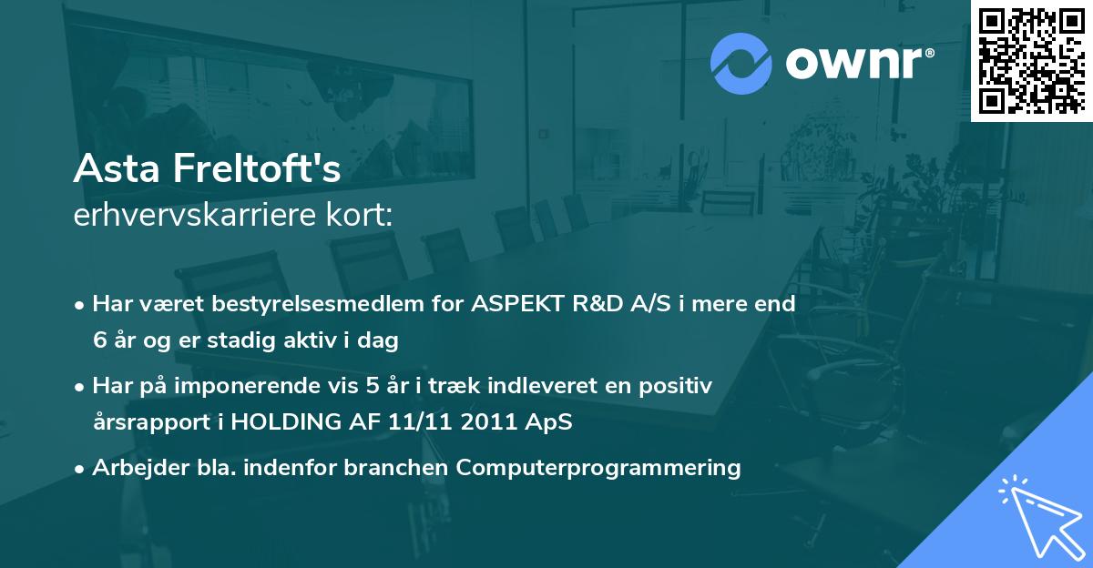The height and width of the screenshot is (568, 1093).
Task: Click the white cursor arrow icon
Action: (1037, 514)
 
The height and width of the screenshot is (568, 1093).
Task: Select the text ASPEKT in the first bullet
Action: (514, 303)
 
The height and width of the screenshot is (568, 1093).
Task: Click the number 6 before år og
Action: (99, 341)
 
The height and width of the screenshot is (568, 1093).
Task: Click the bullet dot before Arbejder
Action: (81, 469)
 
